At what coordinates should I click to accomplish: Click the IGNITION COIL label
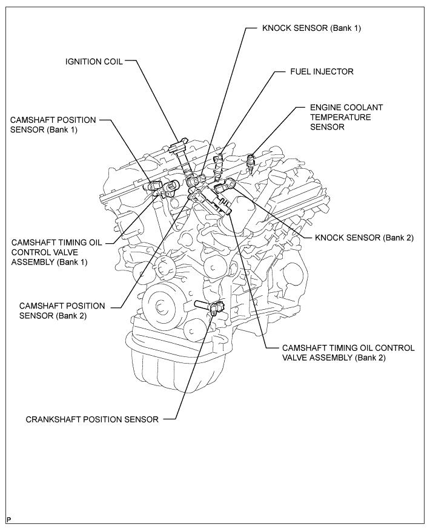pyautogui.click(x=94, y=61)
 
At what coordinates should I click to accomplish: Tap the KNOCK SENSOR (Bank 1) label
pyautogui.click(x=311, y=28)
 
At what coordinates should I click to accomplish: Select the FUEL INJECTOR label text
pyautogui.click(x=322, y=71)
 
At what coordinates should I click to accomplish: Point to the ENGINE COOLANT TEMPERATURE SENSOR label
pyautogui.click(x=338, y=117)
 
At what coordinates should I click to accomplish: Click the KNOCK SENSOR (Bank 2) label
pyautogui.click(x=364, y=238)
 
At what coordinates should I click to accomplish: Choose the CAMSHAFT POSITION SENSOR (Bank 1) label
pyautogui.click(x=52, y=125)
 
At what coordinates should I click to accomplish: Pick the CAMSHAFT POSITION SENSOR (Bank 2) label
pyautogui.click(x=62, y=311)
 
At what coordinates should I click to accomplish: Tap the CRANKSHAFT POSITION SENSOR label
pyautogui.click(x=92, y=419)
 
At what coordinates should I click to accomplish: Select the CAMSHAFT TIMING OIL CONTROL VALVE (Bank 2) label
pyautogui.click(x=348, y=353)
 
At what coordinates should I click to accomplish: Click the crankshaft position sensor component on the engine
pyautogui.click(x=216, y=309)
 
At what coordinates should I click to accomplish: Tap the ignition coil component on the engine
pyautogui.click(x=180, y=151)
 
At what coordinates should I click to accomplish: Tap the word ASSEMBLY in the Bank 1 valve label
pyautogui.click(x=33, y=262)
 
